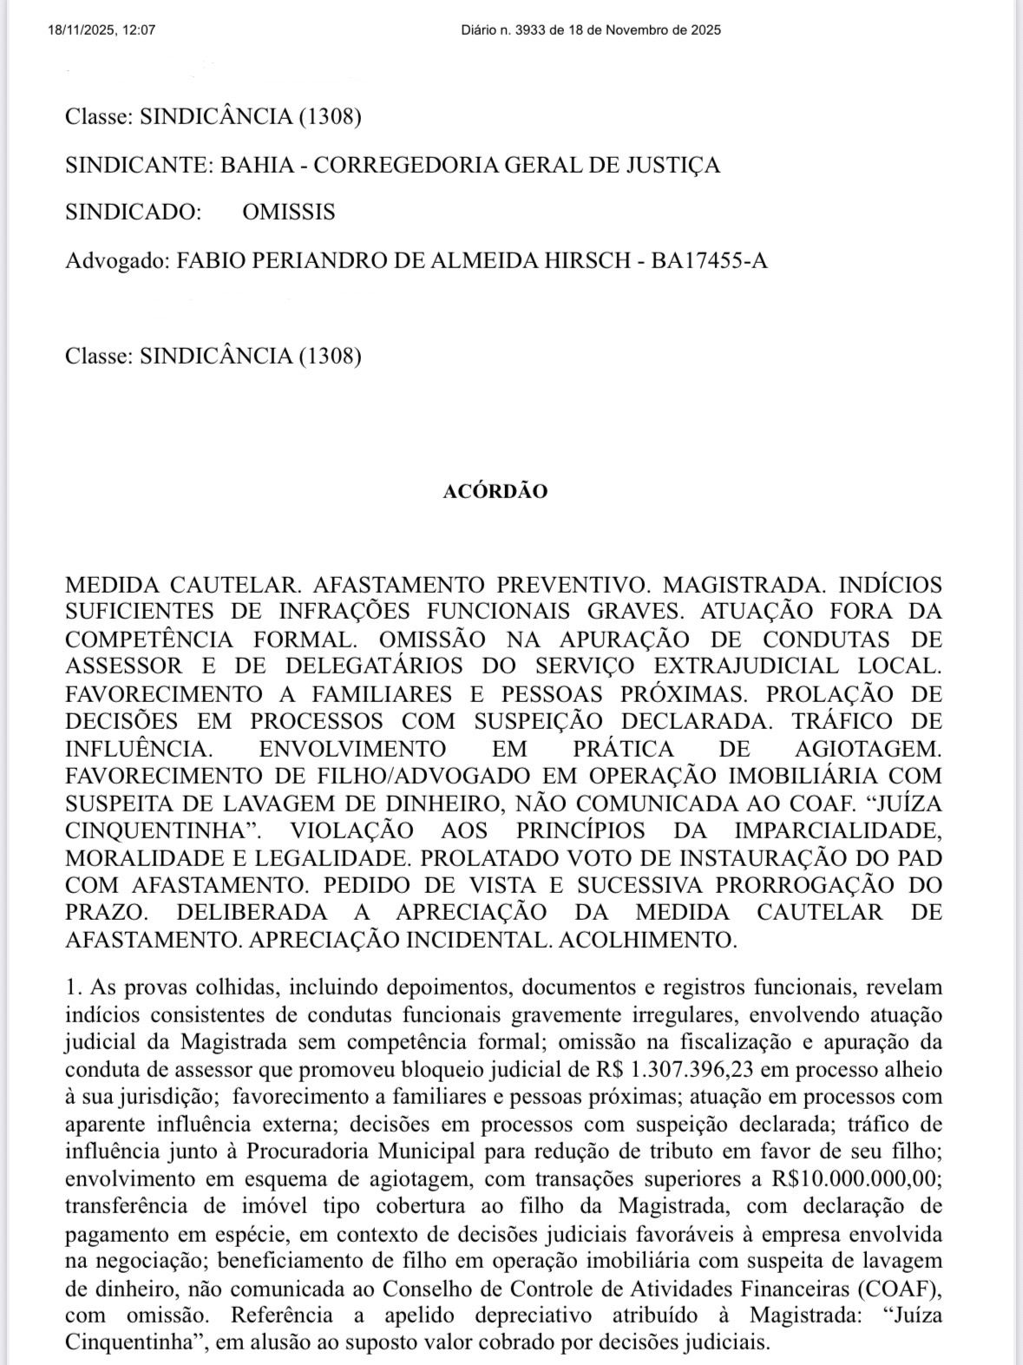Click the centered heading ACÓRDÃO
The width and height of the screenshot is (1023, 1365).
[495, 491]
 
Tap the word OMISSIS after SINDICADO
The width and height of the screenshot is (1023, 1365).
[289, 213]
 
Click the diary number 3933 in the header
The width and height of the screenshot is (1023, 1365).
[525, 30]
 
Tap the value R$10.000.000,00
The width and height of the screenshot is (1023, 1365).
[856, 1178]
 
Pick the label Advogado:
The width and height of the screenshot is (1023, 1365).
[117, 260]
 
